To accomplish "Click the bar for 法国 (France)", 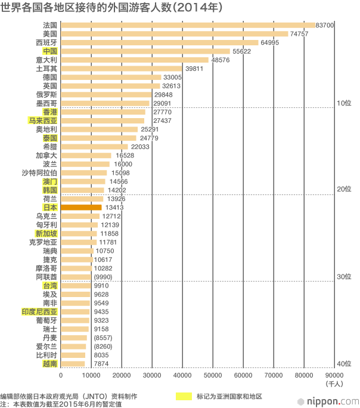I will [x=188, y=25].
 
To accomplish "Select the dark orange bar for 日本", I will [x=82, y=207].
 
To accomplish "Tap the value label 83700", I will [x=324, y=25].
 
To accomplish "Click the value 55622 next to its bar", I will [x=241, y=51].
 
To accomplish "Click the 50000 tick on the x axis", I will [x=213, y=375].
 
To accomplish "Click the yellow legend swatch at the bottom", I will [x=184, y=396].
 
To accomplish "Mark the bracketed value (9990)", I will [x=102, y=277].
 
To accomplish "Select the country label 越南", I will [x=50, y=363].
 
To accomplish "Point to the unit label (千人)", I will [x=334, y=384].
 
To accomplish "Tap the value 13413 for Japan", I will [x=113, y=207].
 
